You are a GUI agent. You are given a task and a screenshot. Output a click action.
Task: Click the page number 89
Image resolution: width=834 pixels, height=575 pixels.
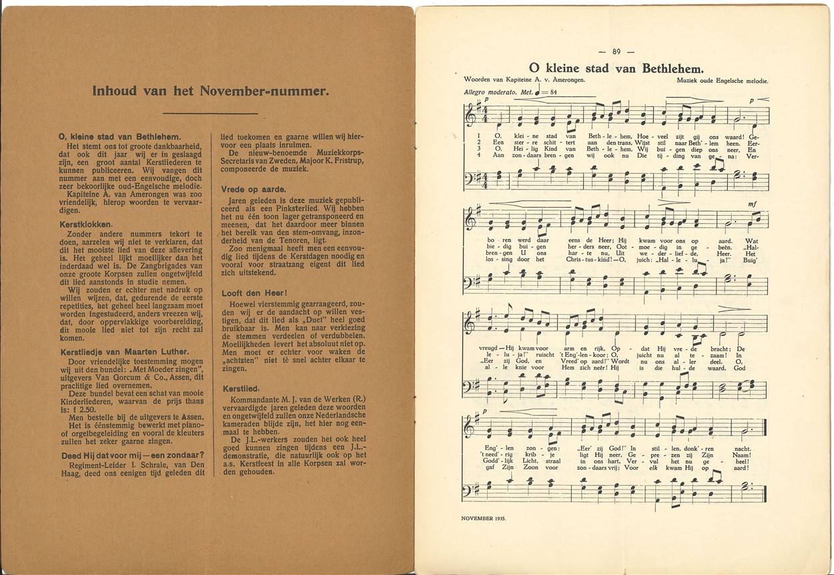(616, 51)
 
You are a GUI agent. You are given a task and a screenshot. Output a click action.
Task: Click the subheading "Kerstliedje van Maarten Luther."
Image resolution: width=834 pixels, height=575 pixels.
(123, 352)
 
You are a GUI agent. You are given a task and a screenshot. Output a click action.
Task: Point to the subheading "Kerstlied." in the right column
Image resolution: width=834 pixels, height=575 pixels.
(240, 388)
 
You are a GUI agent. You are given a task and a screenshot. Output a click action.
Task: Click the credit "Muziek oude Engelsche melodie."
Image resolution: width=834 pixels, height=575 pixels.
(722, 81)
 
